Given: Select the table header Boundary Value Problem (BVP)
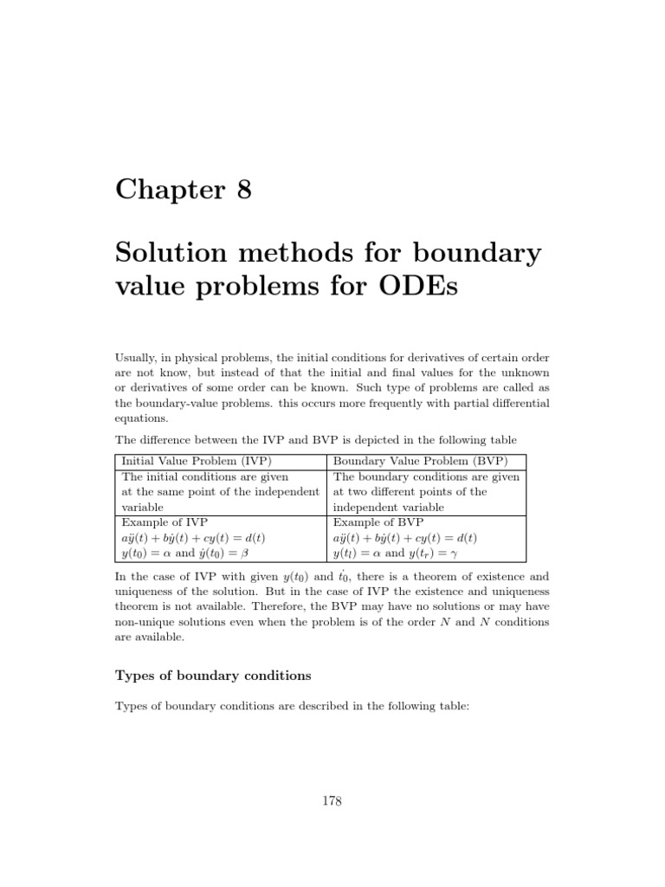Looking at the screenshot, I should pyautogui.click(x=421, y=460).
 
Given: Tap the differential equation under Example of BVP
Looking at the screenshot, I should pyautogui.click(x=405, y=538).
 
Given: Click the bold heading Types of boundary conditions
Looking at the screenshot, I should pyautogui.click(x=213, y=674).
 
